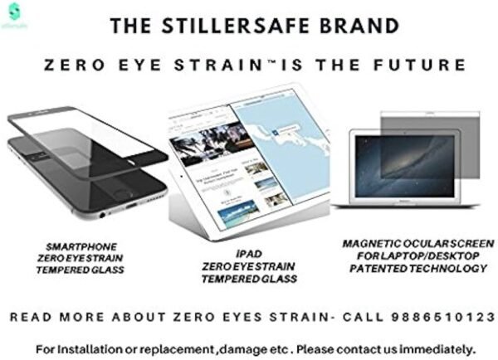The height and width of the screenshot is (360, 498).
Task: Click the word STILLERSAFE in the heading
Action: pos(247,27)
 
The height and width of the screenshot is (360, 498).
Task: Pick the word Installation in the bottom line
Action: pos(85,346)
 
